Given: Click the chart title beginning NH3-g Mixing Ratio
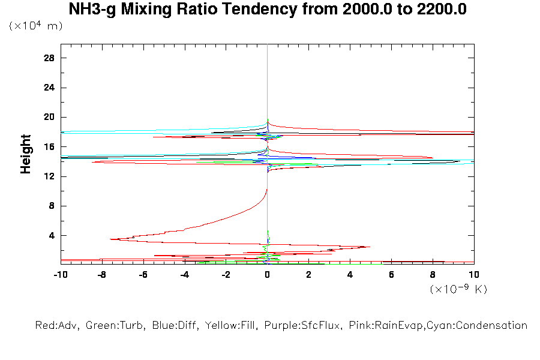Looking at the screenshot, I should pyautogui.click(x=268, y=10).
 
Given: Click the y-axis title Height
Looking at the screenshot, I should pyautogui.click(x=26, y=154).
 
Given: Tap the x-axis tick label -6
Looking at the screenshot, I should pyautogui.click(x=143, y=275).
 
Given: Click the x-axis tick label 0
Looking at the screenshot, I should pyautogui.click(x=268, y=275).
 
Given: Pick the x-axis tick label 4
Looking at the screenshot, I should pyautogui.click(x=350, y=275).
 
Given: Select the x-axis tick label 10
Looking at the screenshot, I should pyautogui.click(x=474, y=275).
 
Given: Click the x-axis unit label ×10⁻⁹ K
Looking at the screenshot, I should pyautogui.click(x=458, y=289).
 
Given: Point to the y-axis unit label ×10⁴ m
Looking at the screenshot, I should pyautogui.click(x=35, y=26).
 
